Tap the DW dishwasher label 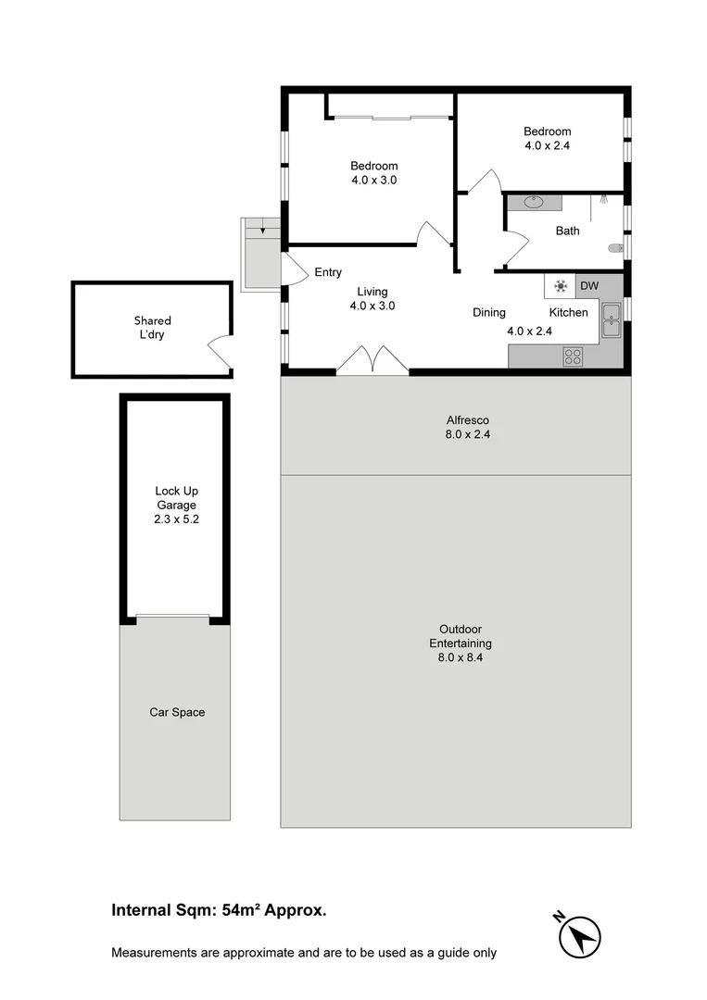(x=589, y=286)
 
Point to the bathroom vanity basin (x=535, y=201)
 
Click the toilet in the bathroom (x=614, y=247)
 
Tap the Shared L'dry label (x=152, y=328)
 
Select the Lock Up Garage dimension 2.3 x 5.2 (x=176, y=519)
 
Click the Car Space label (x=177, y=712)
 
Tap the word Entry (x=328, y=272)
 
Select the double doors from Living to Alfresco (x=372, y=360)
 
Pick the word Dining (x=489, y=313)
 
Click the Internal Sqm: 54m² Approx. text (x=219, y=910)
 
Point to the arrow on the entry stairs (x=263, y=229)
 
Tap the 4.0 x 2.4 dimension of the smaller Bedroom (x=547, y=145)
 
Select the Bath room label (x=567, y=231)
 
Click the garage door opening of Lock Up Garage (x=173, y=617)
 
